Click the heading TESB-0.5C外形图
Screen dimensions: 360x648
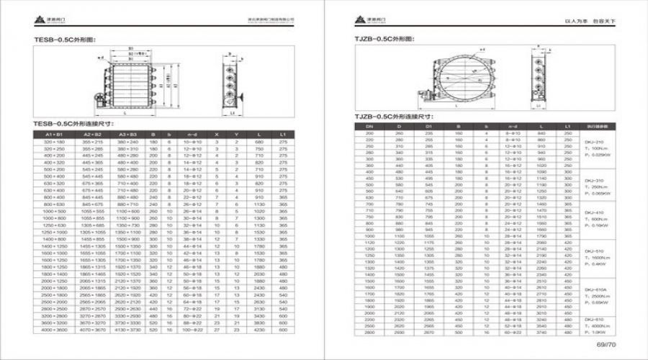click(65, 40)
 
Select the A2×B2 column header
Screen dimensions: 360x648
click(94, 135)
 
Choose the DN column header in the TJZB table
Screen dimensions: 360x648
click(369, 127)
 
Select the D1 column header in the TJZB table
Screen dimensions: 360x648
click(429, 127)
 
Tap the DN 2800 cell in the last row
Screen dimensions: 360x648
click(369, 333)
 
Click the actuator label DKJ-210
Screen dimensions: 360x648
click(594, 143)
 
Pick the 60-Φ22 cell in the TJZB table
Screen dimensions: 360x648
click(513, 333)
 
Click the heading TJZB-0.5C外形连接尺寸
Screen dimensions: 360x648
click(393, 116)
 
